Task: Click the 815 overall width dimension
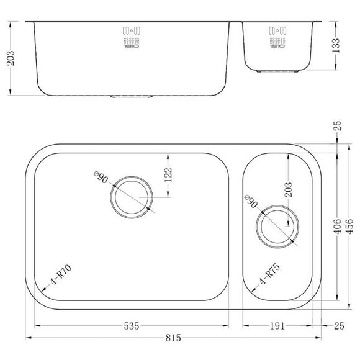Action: [x=173, y=337]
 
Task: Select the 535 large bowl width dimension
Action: [x=130, y=324]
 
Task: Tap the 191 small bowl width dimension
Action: [x=277, y=324]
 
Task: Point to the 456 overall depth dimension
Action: [x=349, y=227]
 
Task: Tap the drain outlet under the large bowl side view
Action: [x=131, y=96]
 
